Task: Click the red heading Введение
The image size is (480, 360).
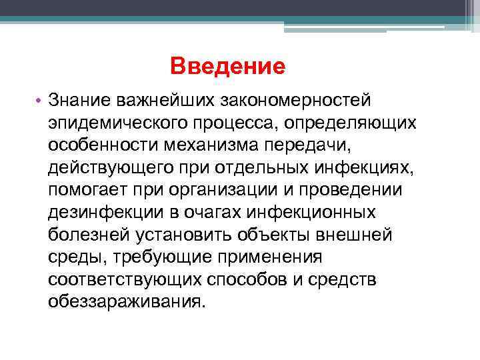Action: point(227,66)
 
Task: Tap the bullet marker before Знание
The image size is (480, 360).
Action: point(40,101)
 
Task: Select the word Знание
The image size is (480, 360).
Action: point(79,101)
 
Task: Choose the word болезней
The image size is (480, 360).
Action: point(89,235)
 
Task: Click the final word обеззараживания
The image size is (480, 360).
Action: point(126,301)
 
